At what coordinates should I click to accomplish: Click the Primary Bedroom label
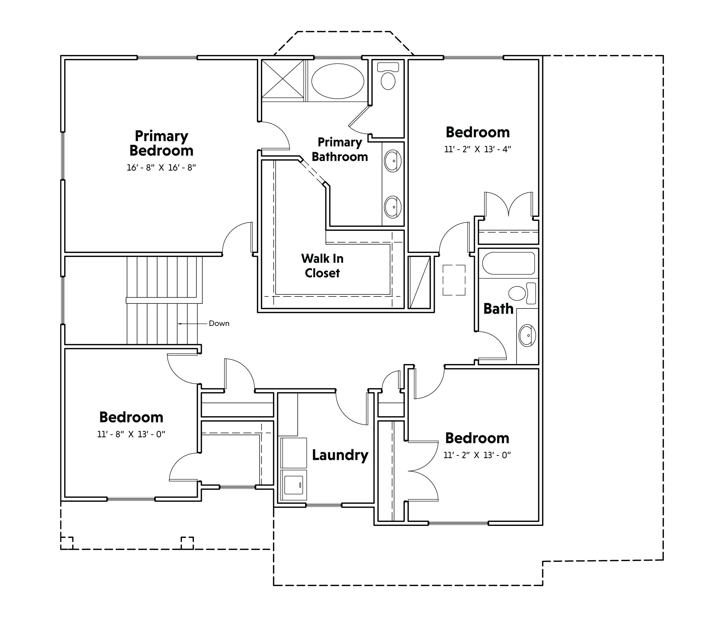coord(161,143)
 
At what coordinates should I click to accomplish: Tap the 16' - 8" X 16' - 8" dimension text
coord(161,168)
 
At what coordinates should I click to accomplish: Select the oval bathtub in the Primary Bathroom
coord(338,81)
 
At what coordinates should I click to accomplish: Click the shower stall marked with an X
coord(283,79)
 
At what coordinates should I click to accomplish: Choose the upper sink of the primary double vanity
coord(393,161)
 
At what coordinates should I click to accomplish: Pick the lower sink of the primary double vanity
coord(393,207)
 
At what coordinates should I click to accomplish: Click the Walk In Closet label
coord(322,266)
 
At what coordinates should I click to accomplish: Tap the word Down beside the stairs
coord(219,323)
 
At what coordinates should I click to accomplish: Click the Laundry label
coord(340,455)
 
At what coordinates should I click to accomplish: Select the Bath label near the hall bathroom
coord(498,309)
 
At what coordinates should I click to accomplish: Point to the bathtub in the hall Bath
coord(508,263)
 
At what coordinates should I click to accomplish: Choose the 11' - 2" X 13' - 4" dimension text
coord(478,150)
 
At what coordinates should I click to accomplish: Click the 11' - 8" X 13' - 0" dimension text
coord(131,434)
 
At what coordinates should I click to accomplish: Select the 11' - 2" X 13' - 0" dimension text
coord(477,455)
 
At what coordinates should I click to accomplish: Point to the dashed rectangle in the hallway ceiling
coord(454,280)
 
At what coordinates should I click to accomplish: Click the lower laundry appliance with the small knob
coord(293,485)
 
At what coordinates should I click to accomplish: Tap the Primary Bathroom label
coord(340,150)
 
